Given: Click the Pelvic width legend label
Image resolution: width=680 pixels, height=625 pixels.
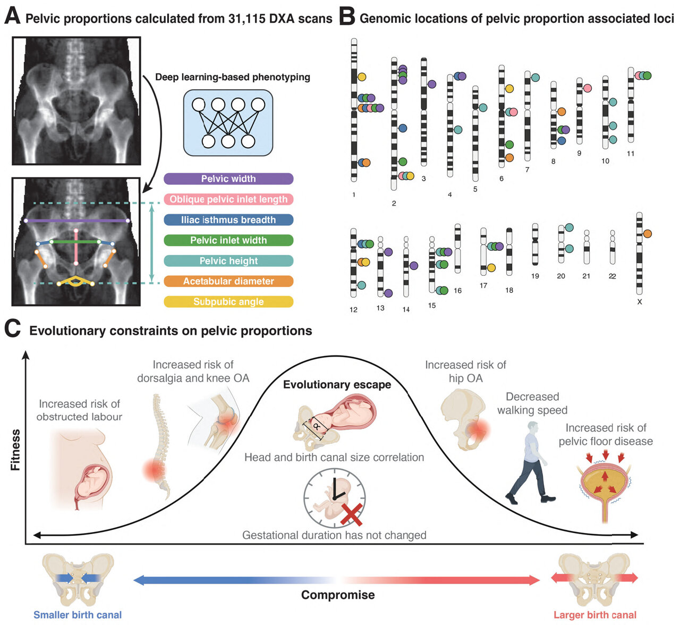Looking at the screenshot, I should point(228,179).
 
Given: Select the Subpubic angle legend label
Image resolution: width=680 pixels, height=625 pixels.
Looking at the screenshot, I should point(228,302).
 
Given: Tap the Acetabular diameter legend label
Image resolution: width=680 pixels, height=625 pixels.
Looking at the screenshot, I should point(228,282).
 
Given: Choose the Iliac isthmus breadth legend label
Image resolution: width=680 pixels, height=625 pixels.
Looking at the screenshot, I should point(228,220).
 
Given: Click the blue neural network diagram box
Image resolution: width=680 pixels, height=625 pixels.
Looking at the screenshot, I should point(228,123).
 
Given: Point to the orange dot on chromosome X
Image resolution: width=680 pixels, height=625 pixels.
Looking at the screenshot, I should point(647,234).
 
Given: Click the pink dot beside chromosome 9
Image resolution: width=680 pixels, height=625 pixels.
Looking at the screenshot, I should point(587,88).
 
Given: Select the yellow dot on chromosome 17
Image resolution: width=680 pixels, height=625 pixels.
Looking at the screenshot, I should point(491,268).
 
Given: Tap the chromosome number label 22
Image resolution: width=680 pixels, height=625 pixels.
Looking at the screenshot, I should point(613,276).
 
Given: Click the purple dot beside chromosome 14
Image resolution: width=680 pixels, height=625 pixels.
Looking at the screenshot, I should point(414,265).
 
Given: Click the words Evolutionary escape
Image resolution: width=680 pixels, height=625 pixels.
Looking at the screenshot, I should point(337,385).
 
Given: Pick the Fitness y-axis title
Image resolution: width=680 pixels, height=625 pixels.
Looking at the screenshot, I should point(15,450).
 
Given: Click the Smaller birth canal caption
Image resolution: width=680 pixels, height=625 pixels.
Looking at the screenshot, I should point(78,615).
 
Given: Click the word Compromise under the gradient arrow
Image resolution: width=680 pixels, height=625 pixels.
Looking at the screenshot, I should point(338,595).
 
